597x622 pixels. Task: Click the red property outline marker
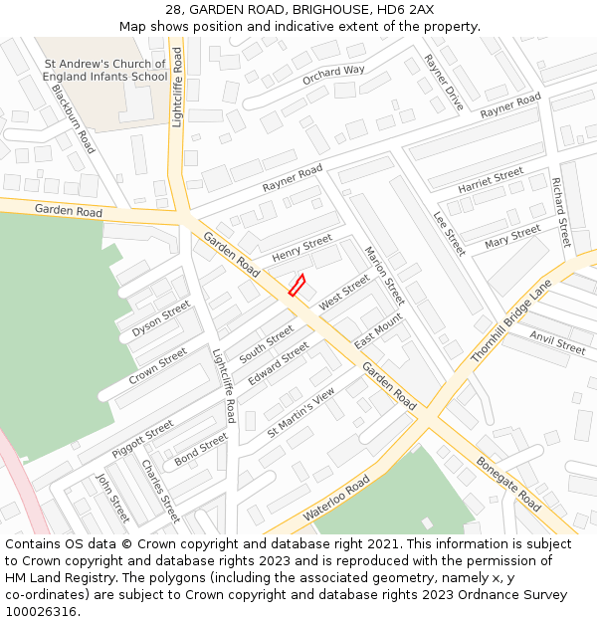296,285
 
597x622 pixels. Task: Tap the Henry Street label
302,247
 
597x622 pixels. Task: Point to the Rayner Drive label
443,83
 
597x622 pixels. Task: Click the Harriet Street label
491,180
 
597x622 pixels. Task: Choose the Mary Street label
512,237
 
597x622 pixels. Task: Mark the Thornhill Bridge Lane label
510,321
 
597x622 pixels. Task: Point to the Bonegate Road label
508,485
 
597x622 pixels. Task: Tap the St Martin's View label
301,413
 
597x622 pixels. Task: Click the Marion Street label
385,276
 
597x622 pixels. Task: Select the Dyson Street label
160,319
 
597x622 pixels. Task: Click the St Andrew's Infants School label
105,70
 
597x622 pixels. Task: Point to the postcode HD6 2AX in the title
406,9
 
